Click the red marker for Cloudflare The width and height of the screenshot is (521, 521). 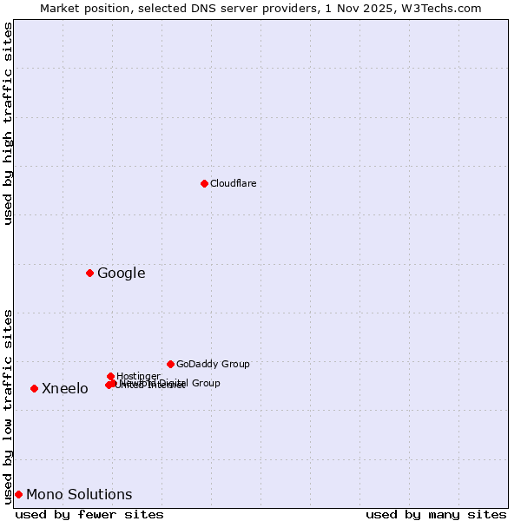204,183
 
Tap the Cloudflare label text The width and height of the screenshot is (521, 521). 234,183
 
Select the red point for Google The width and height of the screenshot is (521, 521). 89,273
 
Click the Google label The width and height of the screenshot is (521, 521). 122,274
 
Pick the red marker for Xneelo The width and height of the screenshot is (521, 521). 34,388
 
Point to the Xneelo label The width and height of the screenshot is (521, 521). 65,389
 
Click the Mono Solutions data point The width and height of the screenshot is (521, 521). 18,494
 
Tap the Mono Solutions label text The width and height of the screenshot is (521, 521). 79,495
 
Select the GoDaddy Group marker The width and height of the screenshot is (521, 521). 170,364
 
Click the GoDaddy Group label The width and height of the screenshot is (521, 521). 213,364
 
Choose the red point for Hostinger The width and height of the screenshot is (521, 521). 110,376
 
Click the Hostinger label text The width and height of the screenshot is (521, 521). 139,376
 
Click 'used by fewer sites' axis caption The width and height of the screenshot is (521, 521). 89,514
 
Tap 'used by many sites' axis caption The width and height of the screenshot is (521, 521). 436,514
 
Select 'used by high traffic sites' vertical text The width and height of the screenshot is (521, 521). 9,123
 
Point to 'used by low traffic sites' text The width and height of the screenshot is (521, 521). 9,406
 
